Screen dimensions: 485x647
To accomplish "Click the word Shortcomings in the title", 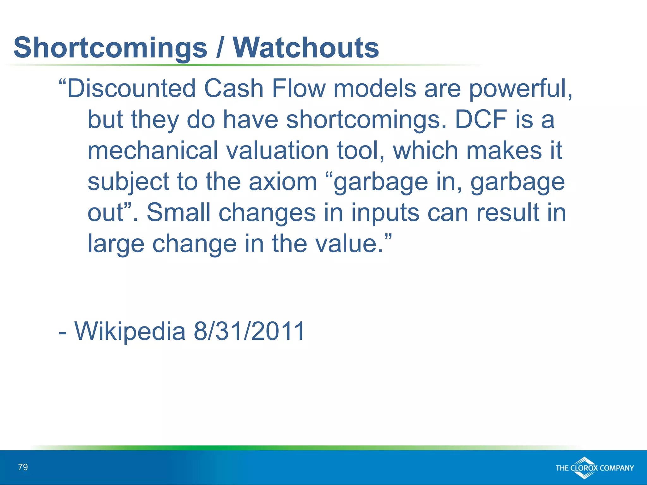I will point(110,48).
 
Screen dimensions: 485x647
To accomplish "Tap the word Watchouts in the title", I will point(306,48).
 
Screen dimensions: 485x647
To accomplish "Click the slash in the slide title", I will point(219,48).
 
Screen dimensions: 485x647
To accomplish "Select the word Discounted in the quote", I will point(132,88).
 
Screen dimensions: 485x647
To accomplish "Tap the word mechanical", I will point(153,151).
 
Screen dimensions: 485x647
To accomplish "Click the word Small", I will point(178,213).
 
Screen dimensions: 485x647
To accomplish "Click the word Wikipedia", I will point(130,331).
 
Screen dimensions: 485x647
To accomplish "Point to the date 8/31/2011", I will point(249,331).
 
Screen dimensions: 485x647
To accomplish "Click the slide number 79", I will point(23,467).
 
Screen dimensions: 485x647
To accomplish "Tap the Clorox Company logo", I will point(595,468).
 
